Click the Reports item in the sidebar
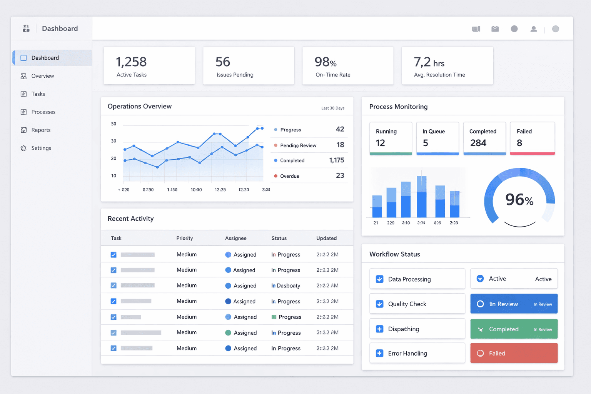point(40,130)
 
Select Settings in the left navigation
point(41,148)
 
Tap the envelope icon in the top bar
point(495,29)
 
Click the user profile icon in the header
point(534,29)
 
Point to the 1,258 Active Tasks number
point(131,62)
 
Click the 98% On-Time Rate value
point(326,62)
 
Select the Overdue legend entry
point(289,176)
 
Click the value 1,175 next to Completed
point(336,160)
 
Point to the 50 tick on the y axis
point(114,124)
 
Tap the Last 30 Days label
point(333,108)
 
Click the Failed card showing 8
point(532,138)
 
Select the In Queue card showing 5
point(437,138)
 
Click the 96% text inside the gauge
point(519,200)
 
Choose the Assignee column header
point(235,238)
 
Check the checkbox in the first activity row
point(114,255)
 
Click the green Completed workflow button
point(514,329)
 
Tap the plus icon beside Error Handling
point(379,353)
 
